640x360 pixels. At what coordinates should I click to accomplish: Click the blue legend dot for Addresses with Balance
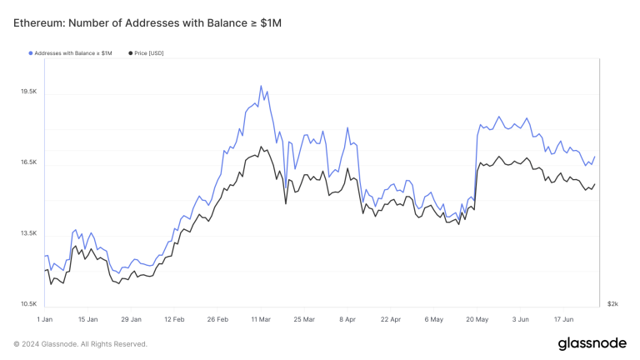[x=31, y=53]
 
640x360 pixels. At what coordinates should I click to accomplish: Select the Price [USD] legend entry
[x=148, y=53]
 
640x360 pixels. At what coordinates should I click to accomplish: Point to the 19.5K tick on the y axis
[x=27, y=92]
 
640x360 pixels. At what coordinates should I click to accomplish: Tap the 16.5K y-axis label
[x=27, y=162]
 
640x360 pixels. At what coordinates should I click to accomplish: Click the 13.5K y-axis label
[x=27, y=234]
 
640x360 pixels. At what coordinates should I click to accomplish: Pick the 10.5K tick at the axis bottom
[x=27, y=305]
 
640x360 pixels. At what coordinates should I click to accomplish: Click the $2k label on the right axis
[x=612, y=305]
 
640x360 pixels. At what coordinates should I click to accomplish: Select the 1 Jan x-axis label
[x=45, y=319]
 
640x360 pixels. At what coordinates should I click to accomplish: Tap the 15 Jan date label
[x=87, y=319]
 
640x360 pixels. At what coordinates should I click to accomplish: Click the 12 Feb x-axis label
[x=174, y=319]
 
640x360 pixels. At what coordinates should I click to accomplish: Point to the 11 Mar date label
[x=261, y=319]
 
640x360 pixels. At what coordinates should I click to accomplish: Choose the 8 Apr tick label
[x=347, y=319]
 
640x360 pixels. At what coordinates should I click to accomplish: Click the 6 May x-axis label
[x=433, y=319]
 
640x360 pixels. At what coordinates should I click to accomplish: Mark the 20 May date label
[x=477, y=319]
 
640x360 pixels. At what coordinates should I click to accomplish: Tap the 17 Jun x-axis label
[x=563, y=319]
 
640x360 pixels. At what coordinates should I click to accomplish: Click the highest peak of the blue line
[x=261, y=86]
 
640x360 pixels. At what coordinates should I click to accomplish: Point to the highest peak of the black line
[x=261, y=147]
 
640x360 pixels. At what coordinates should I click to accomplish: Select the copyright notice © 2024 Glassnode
[x=80, y=344]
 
